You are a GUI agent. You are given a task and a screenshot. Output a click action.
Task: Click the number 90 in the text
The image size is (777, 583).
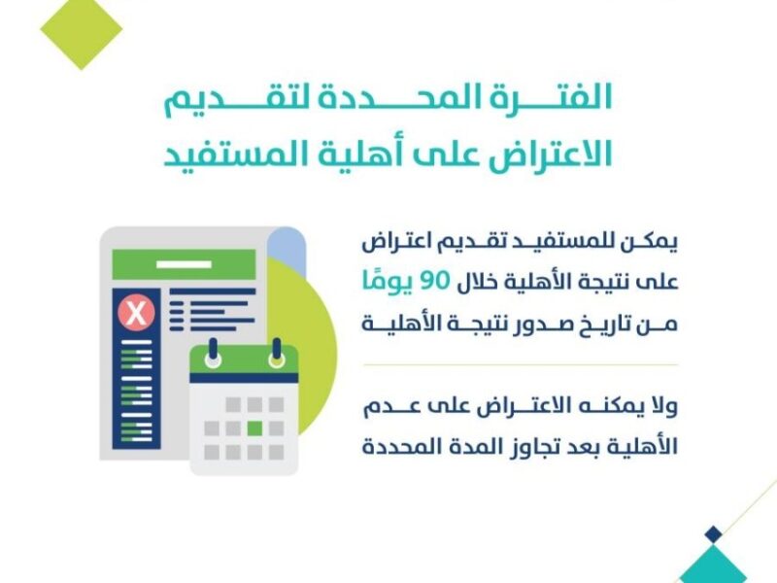click(434, 281)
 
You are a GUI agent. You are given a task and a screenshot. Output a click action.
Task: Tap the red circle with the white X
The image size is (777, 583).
click(136, 313)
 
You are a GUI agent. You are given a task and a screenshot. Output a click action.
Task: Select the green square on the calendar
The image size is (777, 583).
click(254, 428)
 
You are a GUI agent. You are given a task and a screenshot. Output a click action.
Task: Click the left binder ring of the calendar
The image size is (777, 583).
click(213, 354)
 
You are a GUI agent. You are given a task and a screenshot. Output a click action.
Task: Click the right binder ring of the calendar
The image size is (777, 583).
click(277, 354)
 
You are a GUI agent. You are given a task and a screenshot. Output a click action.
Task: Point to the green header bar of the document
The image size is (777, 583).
click(184, 264)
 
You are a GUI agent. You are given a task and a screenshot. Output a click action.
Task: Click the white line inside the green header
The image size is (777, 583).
click(184, 264)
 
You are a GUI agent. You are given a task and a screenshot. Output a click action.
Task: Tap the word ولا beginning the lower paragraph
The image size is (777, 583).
click(662, 406)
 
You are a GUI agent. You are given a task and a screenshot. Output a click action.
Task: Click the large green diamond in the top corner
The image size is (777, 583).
click(82, 30)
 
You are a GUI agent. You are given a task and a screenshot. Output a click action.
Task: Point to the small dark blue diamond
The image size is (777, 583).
click(713, 534)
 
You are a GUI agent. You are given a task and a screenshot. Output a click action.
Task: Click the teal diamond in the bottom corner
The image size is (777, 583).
click(713, 566)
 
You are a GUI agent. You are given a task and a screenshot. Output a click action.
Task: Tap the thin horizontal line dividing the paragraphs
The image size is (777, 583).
click(521, 364)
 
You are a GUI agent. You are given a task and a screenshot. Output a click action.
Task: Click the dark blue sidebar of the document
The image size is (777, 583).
click(136, 369)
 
